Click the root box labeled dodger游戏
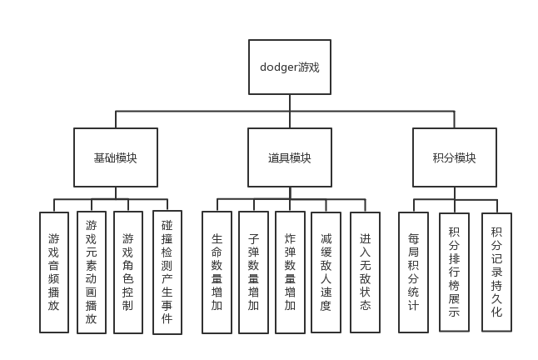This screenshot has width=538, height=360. click(289, 67)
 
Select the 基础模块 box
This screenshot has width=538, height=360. click(115, 157)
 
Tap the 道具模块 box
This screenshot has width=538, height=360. click(289, 157)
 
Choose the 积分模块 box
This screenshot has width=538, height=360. click(455, 157)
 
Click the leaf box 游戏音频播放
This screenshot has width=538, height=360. click(54, 272)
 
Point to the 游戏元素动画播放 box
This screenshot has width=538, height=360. click(92, 272)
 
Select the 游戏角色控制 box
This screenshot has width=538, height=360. click(127, 272)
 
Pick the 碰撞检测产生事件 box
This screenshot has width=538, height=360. click(167, 272)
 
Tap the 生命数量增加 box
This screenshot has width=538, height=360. click(217, 272)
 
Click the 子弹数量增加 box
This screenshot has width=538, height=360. click(253, 272)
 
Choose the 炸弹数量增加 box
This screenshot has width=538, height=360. click(290, 272)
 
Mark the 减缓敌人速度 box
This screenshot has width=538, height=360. click(326, 272)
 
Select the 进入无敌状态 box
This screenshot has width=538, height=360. click(365, 272)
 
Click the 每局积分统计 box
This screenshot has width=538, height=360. click(413, 272)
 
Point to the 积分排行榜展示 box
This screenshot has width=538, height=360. click(455, 272)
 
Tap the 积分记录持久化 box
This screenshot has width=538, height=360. click(497, 272)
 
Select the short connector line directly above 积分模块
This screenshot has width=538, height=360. click(455, 118)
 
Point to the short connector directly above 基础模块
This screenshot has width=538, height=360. click(115, 118)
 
